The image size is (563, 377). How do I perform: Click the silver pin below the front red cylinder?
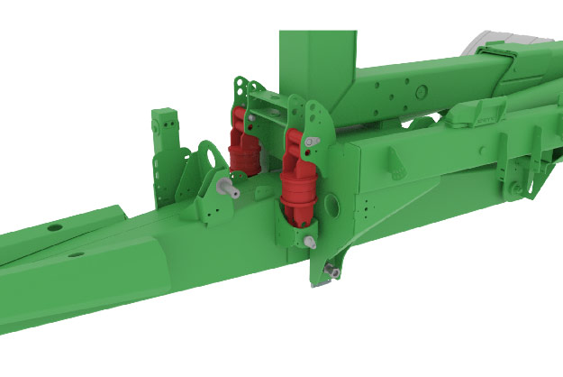tap(309, 241)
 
